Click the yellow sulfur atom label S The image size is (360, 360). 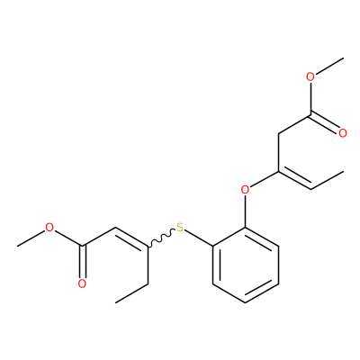point(180,228)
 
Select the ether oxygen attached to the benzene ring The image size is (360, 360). point(246,190)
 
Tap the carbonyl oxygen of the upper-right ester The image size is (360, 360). point(343,133)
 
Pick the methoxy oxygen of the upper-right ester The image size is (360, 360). point(310,76)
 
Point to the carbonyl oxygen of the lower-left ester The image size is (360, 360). point(82,283)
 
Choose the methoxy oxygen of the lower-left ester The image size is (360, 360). point(49,228)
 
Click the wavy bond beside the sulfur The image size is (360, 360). point(161,238)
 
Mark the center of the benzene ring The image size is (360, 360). point(246,265)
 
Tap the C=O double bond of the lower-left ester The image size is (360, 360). point(83,262)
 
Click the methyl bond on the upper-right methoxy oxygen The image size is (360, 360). point(329,66)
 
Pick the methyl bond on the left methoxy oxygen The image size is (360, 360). point(31,238)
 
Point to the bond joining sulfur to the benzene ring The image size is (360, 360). point(199,238)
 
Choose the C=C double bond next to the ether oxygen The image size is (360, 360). point(294,181)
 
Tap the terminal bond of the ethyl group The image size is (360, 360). point(131,293)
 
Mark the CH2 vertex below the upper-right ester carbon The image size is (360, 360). point(278,133)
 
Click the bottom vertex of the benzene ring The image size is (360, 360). point(246,302)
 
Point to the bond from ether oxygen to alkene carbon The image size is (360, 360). point(264,179)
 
